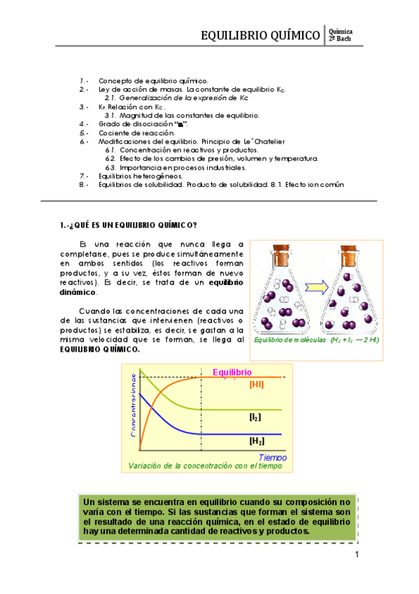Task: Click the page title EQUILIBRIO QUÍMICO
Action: [x=260, y=35]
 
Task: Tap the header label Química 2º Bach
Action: [x=340, y=35]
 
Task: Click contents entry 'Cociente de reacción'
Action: [x=132, y=132]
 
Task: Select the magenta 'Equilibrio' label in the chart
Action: [x=232, y=372]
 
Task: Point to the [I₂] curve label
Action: [x=255, y=416]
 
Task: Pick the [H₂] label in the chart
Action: [x=257, y=442]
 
